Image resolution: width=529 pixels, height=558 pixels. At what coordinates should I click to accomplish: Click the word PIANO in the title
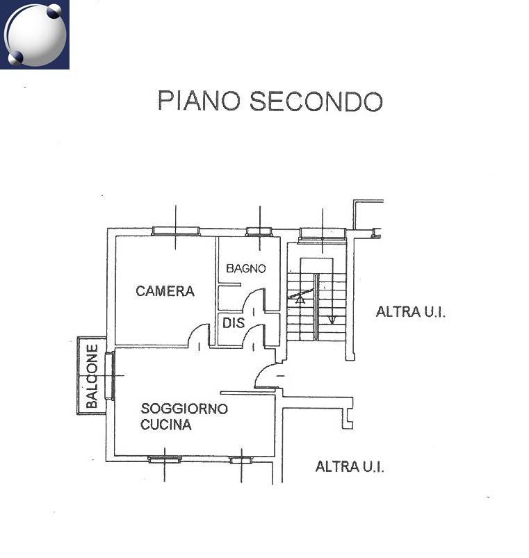click(199, 100)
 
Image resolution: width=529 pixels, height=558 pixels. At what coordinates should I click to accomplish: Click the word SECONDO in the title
click(316, 101)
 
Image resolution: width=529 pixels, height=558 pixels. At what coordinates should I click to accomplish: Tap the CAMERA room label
click(165, 291)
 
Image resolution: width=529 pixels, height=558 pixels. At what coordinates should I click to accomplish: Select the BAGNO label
click(246, 268)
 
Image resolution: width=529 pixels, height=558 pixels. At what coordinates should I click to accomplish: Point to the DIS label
click(234, 322)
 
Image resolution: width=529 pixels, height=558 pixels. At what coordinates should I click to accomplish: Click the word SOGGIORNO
click(184, 408)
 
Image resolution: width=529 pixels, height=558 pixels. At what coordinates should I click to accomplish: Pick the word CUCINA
click(166, 425)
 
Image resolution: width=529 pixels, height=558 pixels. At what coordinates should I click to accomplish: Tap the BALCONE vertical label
click(92, 376)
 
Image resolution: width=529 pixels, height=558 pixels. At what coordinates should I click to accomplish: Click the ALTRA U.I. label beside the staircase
click(410, 312)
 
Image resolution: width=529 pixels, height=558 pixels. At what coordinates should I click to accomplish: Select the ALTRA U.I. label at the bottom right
click(350, 466)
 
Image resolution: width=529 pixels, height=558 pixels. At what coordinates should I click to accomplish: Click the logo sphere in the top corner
click(35, 35)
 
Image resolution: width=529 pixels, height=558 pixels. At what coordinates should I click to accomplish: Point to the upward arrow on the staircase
click(300, 299)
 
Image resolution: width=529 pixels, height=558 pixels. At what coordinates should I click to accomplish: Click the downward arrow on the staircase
click(332, 320)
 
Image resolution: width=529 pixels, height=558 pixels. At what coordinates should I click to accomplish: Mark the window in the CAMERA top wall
click(175, 231)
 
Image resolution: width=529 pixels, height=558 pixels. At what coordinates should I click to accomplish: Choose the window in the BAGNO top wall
click(259, 231)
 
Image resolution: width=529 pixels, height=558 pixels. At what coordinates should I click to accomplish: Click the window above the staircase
click(322, 235)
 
